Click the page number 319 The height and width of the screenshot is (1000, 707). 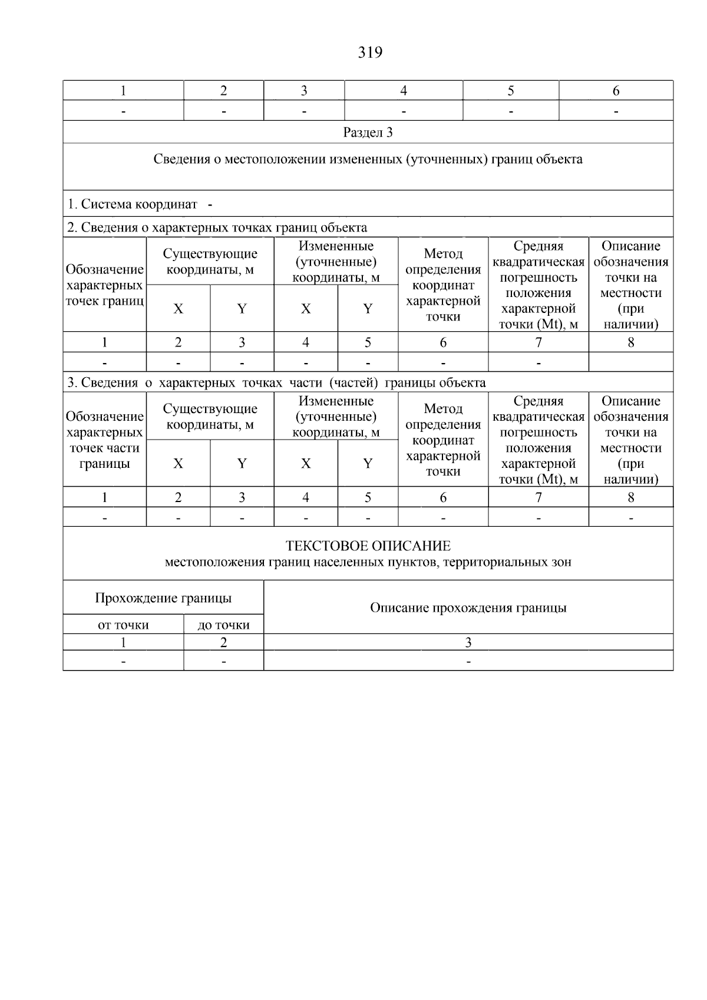pyautogui.click(x=370, y=53)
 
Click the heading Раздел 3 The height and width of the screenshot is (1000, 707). pyautogui.click(x=368, y=133)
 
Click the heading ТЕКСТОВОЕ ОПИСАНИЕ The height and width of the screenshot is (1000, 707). pyautogui.click(x=368, y=546)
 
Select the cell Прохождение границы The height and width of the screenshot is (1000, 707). pyautogui.click(x=163, y=598)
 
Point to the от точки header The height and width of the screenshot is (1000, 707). pyautogui.click(x=123, y=625)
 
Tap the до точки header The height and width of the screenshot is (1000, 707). pyautogui.click(x=223, y=625)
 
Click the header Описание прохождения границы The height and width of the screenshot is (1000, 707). pyautogui.click(x=468, y=608)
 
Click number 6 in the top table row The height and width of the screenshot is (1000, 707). pyautogui.click(x=616, y=91)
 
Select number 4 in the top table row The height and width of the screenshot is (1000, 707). pyautogui.click(x=404, y=91)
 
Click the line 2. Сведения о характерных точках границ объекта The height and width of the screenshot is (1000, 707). pyautogui.click(x=217, y=227)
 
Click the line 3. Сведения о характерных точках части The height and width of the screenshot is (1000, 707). pyautogui.click(x=276, y=383)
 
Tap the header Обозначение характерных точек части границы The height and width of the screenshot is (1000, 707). pyautogui.click(x=104, y=440)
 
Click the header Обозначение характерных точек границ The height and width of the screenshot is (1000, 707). pyautogui.click(x=104, y=285)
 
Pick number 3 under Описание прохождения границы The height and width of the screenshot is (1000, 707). pyautogui.click(x=468, y=643)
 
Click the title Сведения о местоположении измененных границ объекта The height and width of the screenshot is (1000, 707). pyautogui.click(x=368, y=160)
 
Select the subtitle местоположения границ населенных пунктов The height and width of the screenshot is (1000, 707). pyautogui.click(x=368, y=562)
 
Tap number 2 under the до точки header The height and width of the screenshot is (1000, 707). pyautogui.click(x=223, y=643)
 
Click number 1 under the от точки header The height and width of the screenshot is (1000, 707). pyautogui.click(x=123, y=643)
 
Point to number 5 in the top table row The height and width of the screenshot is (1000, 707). pyautogui.click(x=510, y=91)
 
